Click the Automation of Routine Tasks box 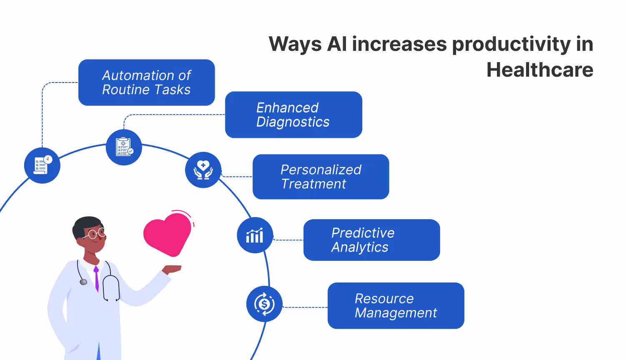click(x=146, y=82)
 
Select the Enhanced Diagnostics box click(x=293, y=115)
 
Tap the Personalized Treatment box click(x=321, y=177)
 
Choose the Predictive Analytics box click(x=371, y=240)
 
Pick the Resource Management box click(x=396, y=306)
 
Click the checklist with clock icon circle click(x=42, y=165)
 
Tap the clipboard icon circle click(x=124, y=147)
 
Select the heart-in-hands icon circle click(x=203, y=170)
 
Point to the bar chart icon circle click(x=255, y=235)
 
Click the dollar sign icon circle click(x=264, y=304)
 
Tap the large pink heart click(x=167, y=233)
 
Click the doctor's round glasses click(x=95, y=233)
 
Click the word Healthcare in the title click(x=539, y=70)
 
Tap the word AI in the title click(x=337, y=44)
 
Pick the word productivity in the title click(x=511, y=44)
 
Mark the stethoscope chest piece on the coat click(x=83, y=282)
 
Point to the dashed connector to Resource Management click(x=305, y=307)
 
